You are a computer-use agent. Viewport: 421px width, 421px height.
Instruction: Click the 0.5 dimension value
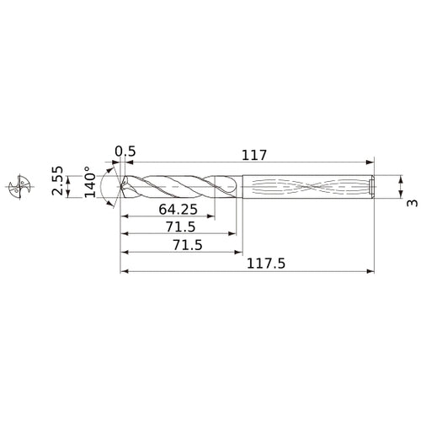(x=125, y=152)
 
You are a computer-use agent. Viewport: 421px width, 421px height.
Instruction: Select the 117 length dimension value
(x=253, y=155)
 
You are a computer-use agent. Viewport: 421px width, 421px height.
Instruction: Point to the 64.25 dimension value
(x=177, y=210)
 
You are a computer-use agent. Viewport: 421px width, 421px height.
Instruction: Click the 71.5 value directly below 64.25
(x=180, y=228)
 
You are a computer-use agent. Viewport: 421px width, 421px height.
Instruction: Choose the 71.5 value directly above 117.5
(x=180, y=246)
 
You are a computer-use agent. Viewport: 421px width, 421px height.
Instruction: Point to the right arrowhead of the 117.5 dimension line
(x=370, y=272)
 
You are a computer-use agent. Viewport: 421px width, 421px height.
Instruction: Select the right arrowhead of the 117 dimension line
(x=370, y=163)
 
